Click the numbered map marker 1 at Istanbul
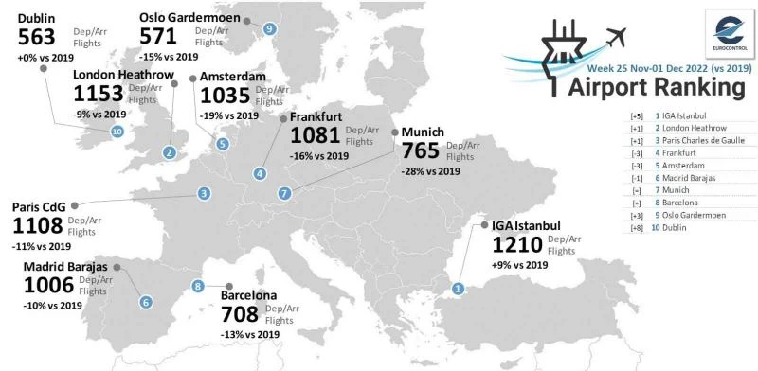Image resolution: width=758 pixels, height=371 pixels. click(x=459, y=289)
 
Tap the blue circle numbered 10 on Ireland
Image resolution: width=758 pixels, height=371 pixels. click(x=117, y=132)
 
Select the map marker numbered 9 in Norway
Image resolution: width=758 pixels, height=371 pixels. click(x=270, y=28)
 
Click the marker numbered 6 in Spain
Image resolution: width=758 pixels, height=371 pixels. click(x=145, y=302)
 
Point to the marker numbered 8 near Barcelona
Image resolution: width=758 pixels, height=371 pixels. click(x=198, y=286)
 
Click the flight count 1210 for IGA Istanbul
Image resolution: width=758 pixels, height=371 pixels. click(x=517, y=244)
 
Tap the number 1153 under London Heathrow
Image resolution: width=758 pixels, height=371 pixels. click(x=99, y=95)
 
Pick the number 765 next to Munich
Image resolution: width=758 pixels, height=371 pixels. click(x=421, y=150)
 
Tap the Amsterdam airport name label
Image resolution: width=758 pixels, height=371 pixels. click(x=232, y=78)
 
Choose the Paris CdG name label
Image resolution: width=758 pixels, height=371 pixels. click(x=39, y=207)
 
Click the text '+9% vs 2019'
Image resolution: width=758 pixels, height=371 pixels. click(x=520, y=265)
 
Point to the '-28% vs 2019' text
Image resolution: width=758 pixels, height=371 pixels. click(x=431, y=171)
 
